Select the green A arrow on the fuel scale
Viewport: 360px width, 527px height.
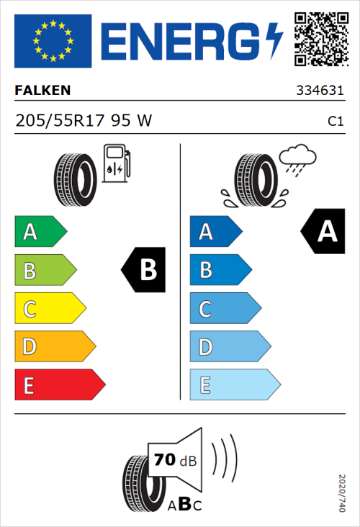coord(40,232)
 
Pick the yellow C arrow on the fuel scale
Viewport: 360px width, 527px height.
coord(49,310)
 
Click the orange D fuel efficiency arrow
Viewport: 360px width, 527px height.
coord(54,347)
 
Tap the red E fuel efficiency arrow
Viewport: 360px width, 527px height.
coord(59,385)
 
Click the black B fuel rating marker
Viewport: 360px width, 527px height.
coord(143,270)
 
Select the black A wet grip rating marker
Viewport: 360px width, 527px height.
coord(322,232)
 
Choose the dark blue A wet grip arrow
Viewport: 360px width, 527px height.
coord(215,232)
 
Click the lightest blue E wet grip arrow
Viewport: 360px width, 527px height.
coord(234,385)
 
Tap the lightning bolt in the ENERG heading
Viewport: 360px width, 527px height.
coord(274,40)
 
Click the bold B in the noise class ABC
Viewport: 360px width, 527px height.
coord(184,505)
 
